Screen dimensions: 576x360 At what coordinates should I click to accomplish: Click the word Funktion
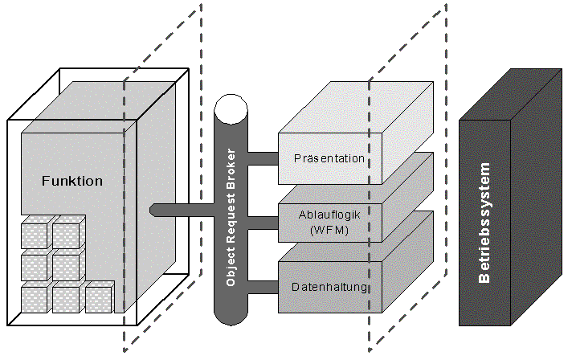pyautogui.click(x=72, y=181)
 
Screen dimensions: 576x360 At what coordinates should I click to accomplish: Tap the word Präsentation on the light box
pyautogui.click(x=329, y=158)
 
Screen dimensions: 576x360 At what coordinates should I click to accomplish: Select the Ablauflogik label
pyautogui.click(x=329, y=215)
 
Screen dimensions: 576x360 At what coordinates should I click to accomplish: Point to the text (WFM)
pyautogui.click(x=329, y=230)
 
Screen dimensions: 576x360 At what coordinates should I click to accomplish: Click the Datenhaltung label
pyautogui.click(x=329, y=287)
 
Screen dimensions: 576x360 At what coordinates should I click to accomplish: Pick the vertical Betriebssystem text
pyautogui.click(x=484, y=223)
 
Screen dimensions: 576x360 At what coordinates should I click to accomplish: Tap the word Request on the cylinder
pyautogui.click(x=231, y=219)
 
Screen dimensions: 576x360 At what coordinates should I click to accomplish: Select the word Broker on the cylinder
pyautogui.click(x=231, y=170)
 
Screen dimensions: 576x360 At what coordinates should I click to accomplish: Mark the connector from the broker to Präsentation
pyautogui.click(x=263, y=158)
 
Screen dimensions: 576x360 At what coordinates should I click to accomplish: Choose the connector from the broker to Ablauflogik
pyautogui.click(x=263, y=223)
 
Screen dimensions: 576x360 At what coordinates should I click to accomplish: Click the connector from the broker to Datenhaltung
pyautogui.click(x=263, y=287)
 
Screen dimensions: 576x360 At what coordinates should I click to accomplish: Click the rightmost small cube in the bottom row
pyautogui.click(x=99, y=297)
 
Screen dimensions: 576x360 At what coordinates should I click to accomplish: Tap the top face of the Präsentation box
pyautogui.click(x=356, y=107)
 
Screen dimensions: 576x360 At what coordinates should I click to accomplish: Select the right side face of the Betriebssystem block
pyautogui.click(x=537, y=197)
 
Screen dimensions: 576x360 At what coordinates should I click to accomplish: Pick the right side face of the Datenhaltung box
pyautogui.click(x=408, y=262)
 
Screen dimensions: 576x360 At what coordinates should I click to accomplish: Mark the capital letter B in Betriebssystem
pyautogui.click(x=484, y=277)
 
